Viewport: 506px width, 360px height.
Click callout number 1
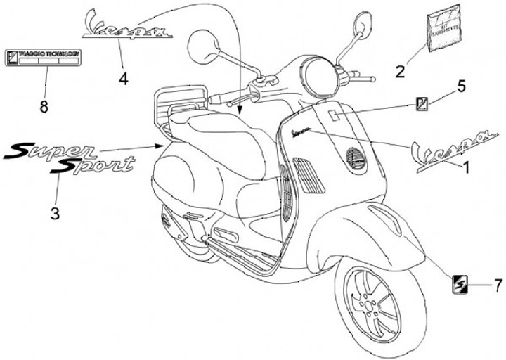pos(464,167)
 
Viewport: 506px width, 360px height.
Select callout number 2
pos(400,71)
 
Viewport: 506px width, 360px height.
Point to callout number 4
pos(124,79)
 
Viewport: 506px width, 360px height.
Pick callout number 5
pos(462,86)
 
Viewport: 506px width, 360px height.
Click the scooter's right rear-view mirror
pos(363,24)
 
